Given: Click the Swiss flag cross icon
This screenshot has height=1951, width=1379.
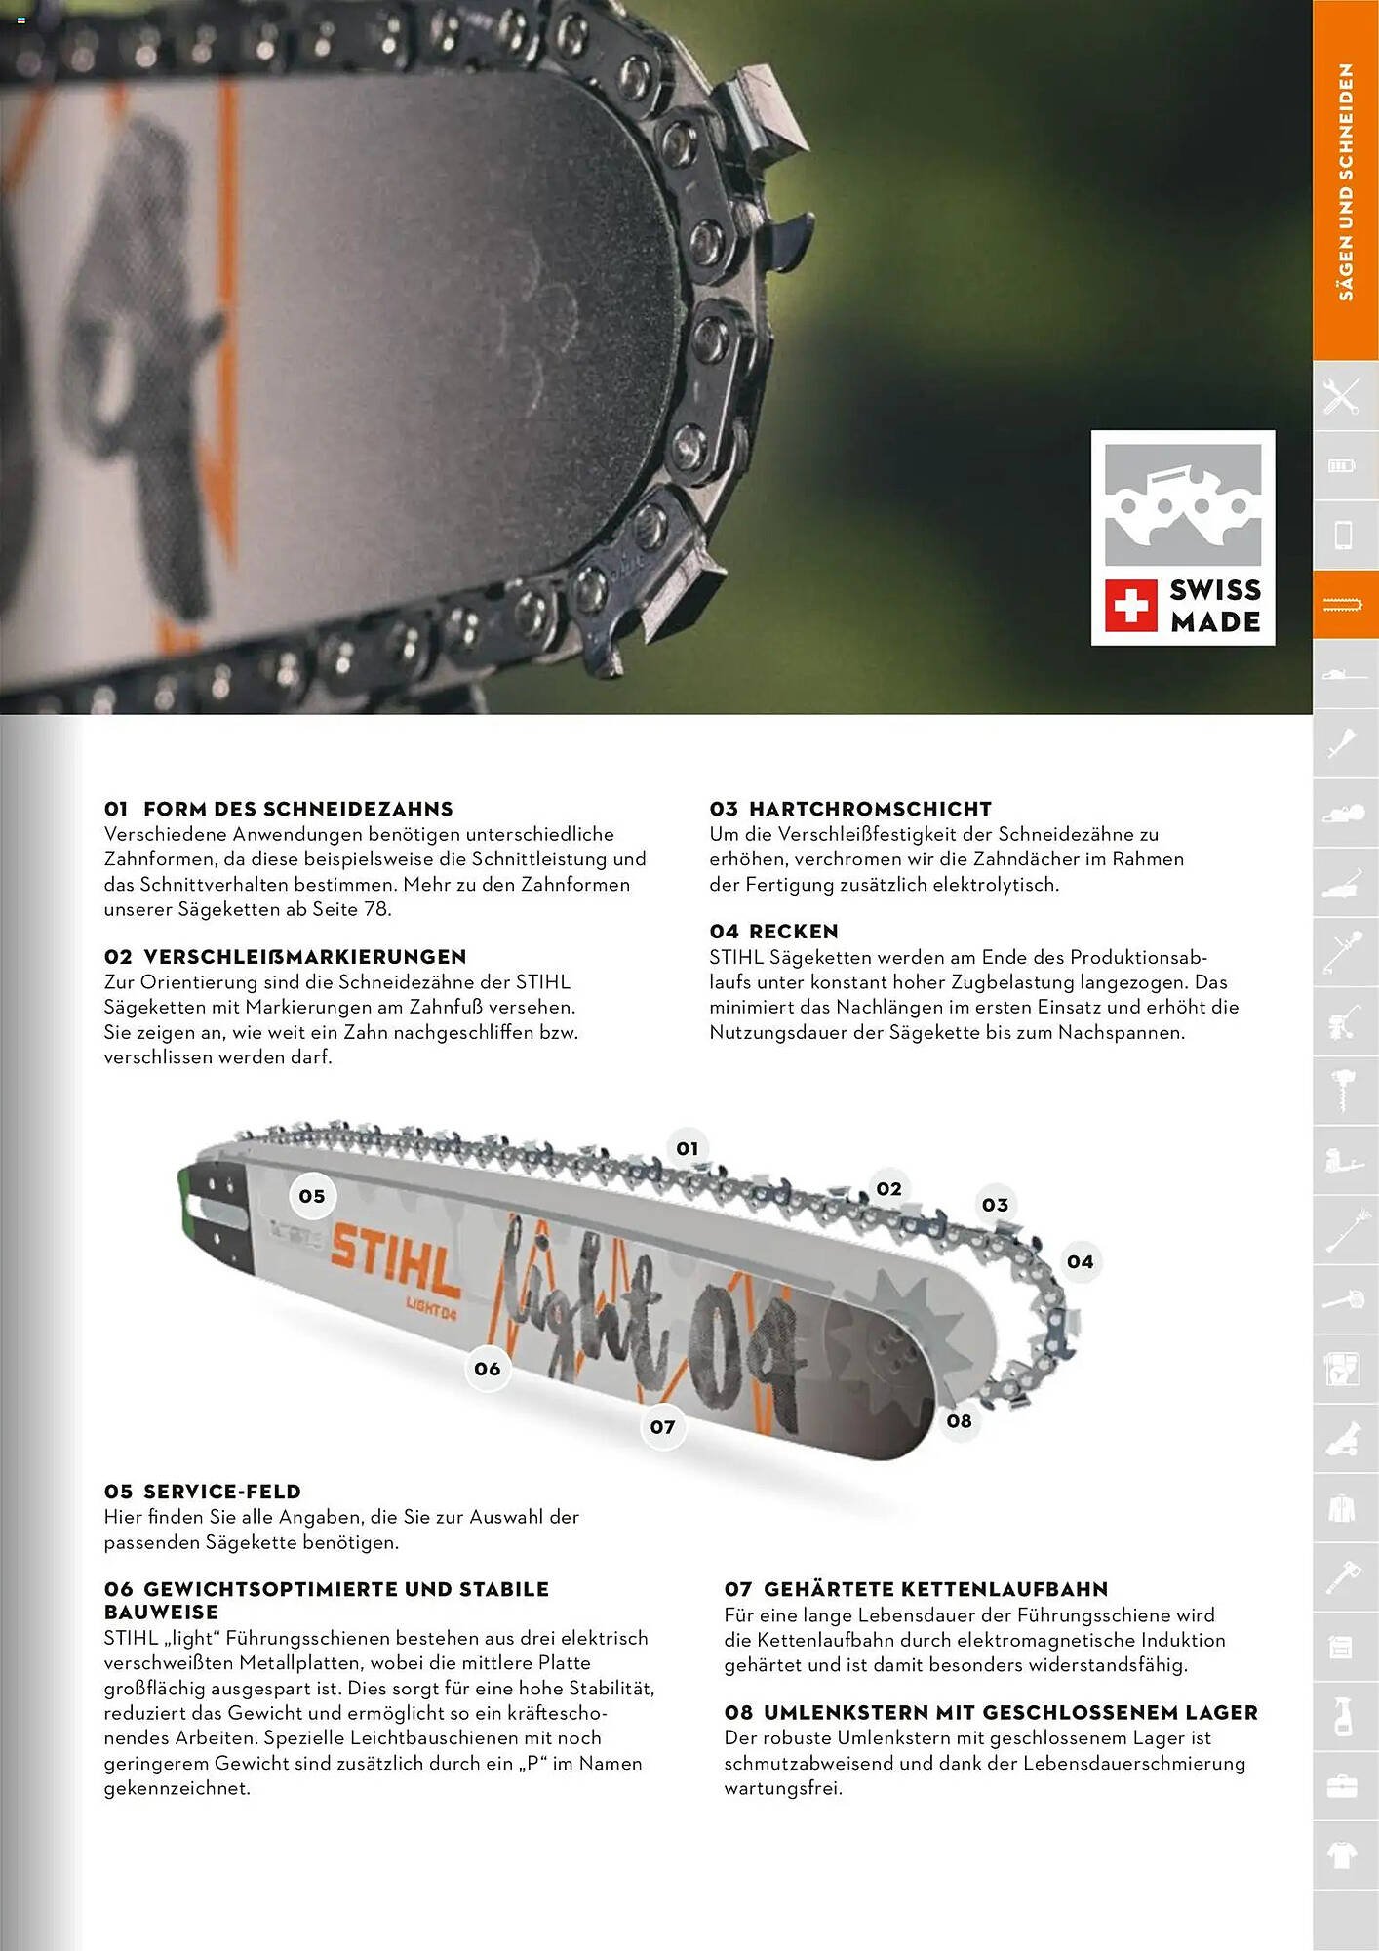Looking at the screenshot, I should pyautogui.click(x=1130, y=606).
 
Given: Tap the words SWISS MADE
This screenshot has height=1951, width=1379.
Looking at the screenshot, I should pyautogui.click(x=1215, y=606).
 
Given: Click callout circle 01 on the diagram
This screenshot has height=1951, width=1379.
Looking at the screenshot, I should pyautogui.click(x=688, y=1148).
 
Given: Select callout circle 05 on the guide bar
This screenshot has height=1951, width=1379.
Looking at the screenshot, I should pyautogui.click(x=312, y=1196).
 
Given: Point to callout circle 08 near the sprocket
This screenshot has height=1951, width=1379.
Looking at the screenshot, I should pyautogui.click(x=960, y=1421).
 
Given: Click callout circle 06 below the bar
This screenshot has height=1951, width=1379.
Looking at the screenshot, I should pyautogui.click(x=488, y=1369).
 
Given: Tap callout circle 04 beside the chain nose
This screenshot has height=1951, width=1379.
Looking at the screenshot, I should pyautogui.click(x=1081, y=1261).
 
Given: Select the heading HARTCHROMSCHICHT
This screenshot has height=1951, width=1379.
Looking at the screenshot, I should pyautogui.click(x=870, y=809).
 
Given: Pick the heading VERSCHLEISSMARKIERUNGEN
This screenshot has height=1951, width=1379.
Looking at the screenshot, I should pyautogui.click(x=304, y=957).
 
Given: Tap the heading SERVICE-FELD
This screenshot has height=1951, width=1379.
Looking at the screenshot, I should pyautogui.click(x=221, y=1492).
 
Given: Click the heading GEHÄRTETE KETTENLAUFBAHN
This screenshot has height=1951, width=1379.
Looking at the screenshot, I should pyautogui.click(x=935, y=1589).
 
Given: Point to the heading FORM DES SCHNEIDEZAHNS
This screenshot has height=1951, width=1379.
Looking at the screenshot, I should pyautogui.click(x=297, y=809).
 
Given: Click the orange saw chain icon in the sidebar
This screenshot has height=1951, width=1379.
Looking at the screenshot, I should pyautogui.click(x=1343, y=606).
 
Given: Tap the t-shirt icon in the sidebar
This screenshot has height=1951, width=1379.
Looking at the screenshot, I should pyautogui.click(x=1343, y=1856).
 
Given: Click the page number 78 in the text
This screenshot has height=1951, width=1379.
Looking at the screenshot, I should pyautogui.click(x=374, y=909).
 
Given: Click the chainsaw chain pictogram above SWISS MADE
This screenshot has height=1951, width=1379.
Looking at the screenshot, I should pyautogui.click(x=1183, y=504).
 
